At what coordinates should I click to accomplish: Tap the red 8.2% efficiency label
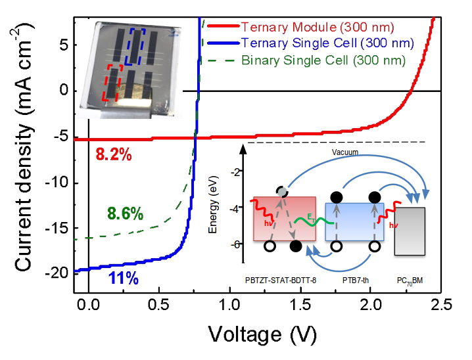coord(114,156)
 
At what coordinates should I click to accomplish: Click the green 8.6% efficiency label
coord(124,213)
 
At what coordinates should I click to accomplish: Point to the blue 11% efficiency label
coord(123,279)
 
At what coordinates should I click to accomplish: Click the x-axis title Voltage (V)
coord(262,334)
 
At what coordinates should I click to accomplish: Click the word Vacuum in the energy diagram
coord(345,152)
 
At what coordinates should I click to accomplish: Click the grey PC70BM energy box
coord(410,231)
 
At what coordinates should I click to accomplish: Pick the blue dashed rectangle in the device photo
coord(137,49)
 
